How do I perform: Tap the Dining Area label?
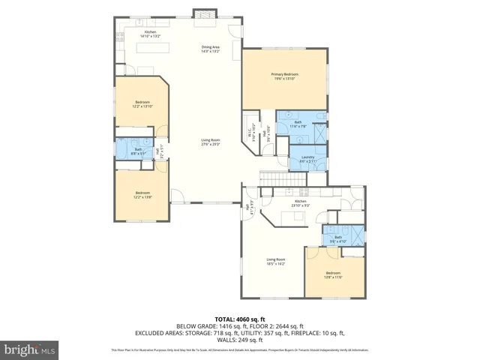click(209, 49)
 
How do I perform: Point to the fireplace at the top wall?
click(202, 13)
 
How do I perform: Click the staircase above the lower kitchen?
click(275, 179)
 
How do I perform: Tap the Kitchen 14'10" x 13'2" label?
click(150, 34)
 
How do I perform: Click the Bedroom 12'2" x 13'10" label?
click(142, 104)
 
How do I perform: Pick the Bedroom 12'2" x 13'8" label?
click(142, 196)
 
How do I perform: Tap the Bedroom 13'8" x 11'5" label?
click(333, 274)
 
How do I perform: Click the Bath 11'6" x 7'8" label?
click(298, 124)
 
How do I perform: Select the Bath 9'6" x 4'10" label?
click(338, 239)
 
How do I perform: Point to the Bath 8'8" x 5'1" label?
click(138, 151)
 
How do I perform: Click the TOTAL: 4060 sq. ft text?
click(239, 319)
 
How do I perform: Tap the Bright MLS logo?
click(30, 349)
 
